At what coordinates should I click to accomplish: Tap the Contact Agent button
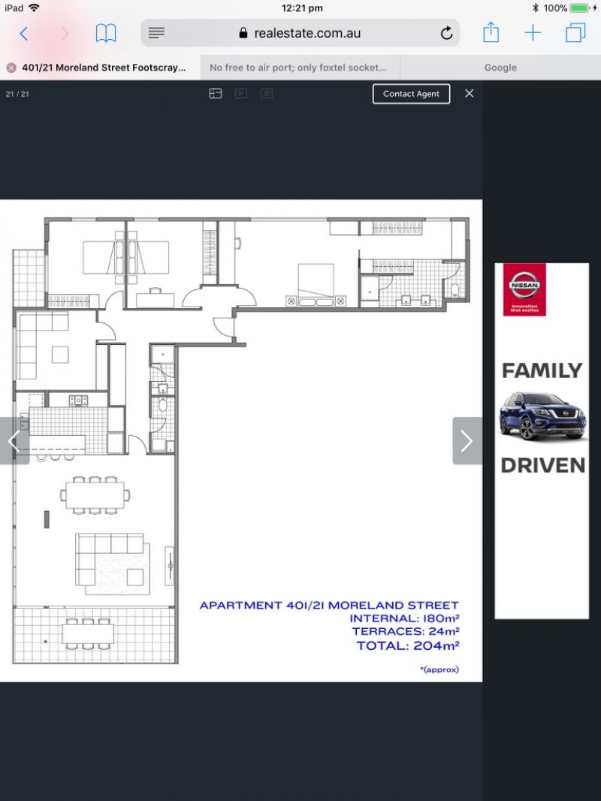tap(411, 94)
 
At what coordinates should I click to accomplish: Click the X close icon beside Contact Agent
tap(470, 93)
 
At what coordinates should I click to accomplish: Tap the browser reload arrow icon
tap(446, 33)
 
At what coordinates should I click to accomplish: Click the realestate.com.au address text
tap(307, 33)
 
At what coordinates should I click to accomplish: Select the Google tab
tap(500, 68)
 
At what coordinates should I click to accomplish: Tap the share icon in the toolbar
tap(491, 32)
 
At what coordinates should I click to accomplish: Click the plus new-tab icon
tap(533, 33)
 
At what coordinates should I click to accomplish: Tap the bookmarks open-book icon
tap(106, 34)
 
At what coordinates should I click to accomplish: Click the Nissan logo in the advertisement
tap(524, 289)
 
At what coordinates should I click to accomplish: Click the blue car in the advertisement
tap(542, 416)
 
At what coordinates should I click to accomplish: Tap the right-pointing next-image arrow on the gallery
tap(467, 441)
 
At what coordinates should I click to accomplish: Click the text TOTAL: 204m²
tap(408, 645)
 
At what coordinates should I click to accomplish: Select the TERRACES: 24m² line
tap(406, 631)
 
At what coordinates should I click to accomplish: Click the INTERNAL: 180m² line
tap(404, 618)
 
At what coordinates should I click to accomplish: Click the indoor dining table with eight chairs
tap(95, 495)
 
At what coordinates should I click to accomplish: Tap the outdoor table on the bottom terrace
tap(88, 634)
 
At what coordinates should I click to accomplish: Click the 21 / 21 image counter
tap(17, 94)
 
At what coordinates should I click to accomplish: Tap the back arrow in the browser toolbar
tap(23, 34)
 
